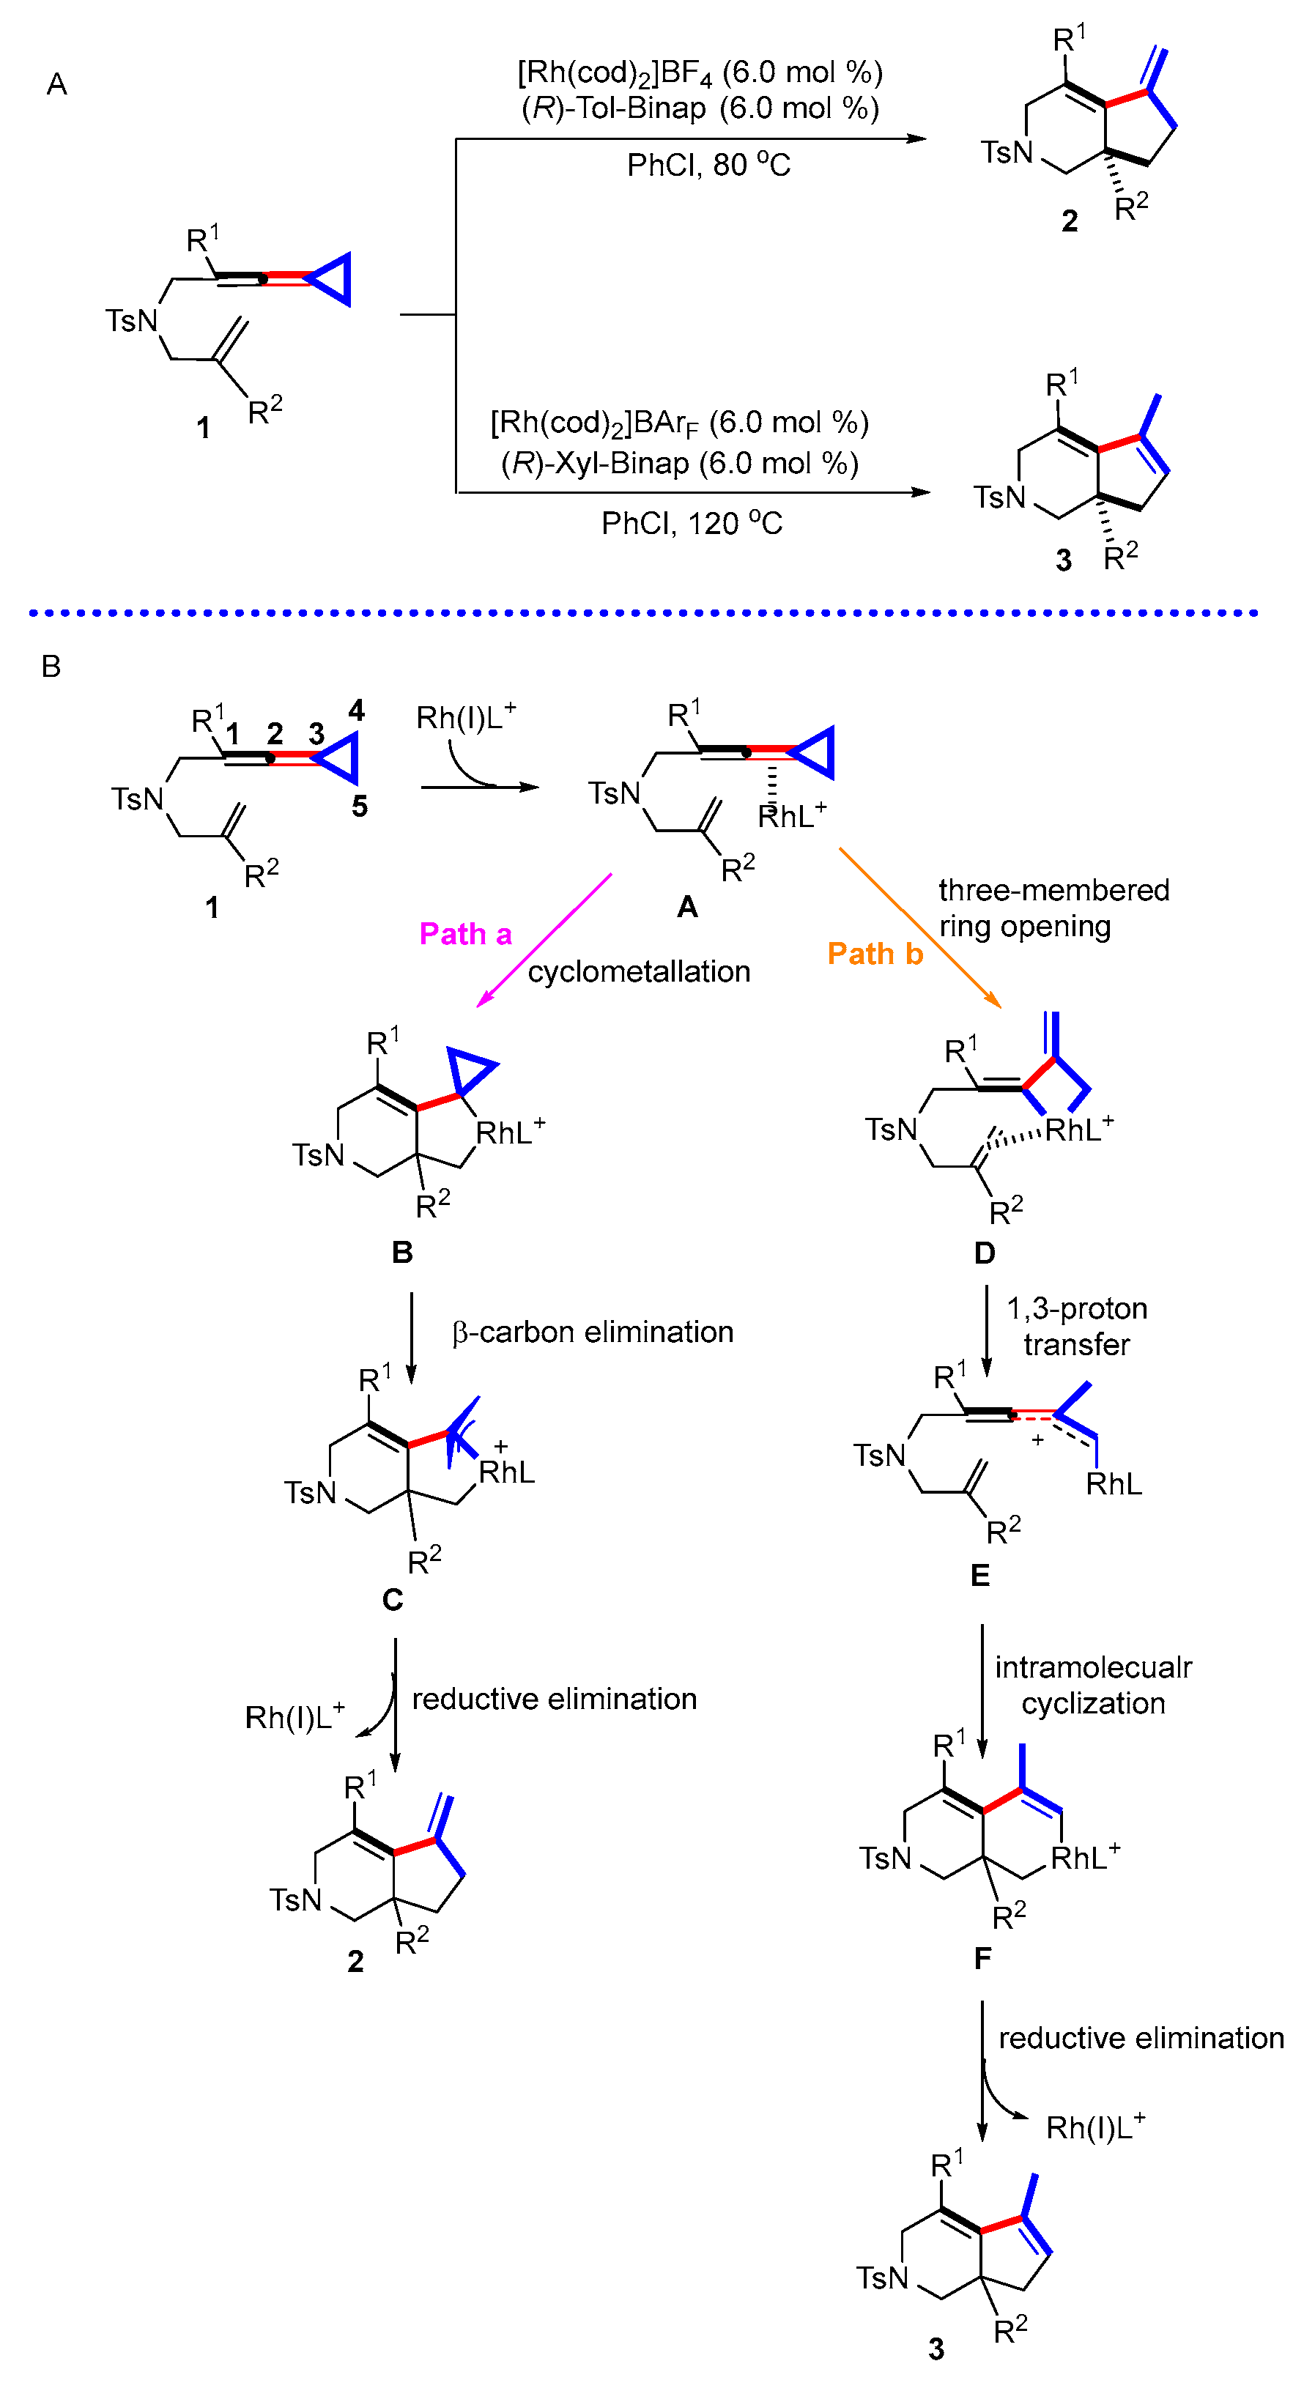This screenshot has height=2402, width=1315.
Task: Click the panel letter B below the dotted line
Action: coord(51,666)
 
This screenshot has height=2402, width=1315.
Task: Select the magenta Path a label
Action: coord(465,933)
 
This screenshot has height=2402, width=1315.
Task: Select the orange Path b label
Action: coord(874,953)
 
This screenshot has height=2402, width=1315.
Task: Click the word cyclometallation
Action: coord(639,971)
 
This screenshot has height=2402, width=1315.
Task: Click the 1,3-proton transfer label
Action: coord(1076,1326)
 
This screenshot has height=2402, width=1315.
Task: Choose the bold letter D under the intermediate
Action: coord(984,1253)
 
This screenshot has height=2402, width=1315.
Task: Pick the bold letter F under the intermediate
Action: coord(982,1958)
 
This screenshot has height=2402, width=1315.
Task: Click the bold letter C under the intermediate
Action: coord(393,1599)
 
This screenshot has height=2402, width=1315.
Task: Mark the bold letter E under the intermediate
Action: coord(979,1575)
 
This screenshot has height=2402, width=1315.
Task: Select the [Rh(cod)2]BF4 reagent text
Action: coord(700,72)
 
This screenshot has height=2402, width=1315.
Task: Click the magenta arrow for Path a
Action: coord(544,940)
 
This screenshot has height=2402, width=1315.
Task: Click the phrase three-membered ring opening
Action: coord(1052,908)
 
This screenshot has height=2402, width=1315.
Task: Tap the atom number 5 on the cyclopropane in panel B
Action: coord(359,806)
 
